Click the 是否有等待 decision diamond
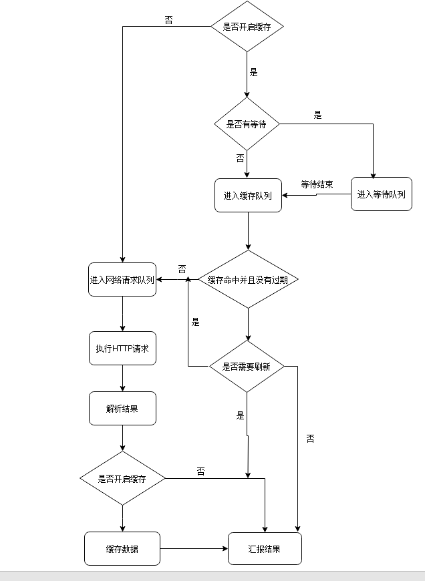pos(247,124)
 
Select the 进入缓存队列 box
pos(248,196)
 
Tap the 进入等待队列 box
pos(381,194)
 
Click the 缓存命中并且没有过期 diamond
pos(248,279)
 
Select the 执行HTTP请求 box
pos(122,348)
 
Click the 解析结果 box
pos(122,409)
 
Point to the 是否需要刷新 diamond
pos(247,366)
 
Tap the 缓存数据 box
pos(122,548)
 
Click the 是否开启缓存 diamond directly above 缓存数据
pos(122,478)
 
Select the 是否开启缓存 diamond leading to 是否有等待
pos(247,27)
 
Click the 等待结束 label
pos(317,184)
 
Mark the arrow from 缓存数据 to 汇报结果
pos(194,548)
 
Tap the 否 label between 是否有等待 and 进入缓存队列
pos(240,158)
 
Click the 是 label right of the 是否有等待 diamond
pos(317,115)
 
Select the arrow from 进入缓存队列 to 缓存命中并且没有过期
pos(248,231)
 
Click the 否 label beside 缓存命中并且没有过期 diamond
pos(182,268)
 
